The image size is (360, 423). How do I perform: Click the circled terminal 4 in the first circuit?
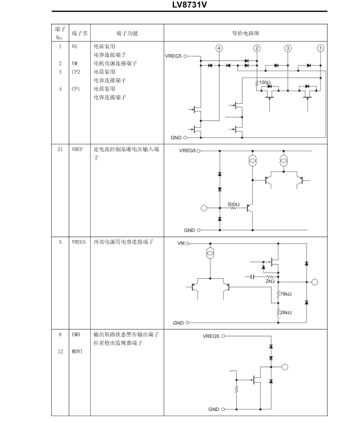pos(219,48)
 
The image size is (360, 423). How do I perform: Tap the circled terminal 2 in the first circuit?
pos(257,48)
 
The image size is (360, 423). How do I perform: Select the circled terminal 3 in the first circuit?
pos(288,48)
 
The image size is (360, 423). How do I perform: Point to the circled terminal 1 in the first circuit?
pos(321,48)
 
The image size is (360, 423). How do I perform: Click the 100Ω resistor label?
pos(264,83)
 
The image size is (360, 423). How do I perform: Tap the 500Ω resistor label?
pos(233,204)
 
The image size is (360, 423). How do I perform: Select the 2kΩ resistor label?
pos(270,281)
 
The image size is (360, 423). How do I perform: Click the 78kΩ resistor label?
pos(285,294)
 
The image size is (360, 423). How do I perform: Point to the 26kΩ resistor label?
pos(285,312)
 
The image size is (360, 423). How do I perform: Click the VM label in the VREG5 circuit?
pos(181,243)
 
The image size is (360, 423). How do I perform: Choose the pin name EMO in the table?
pos(76,335)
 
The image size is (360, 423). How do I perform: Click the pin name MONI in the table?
pos(77,351)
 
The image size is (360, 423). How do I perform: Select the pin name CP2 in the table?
pos(76,72)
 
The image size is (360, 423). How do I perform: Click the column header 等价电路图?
pos(245,34)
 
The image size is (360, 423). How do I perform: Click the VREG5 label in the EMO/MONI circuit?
pos(211,336)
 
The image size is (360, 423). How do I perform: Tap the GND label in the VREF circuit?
pos(189,230)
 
